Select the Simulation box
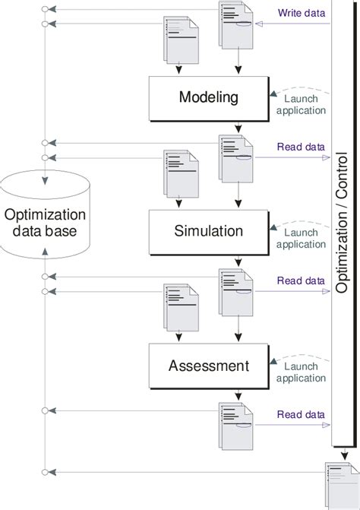click(207, 231)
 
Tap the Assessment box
click(207, 366)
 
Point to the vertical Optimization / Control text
click(343, 224)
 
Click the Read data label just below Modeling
click(302, 147)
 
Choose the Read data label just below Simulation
click(302, 280)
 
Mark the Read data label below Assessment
click(302, 414)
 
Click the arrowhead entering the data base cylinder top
click(46, 181)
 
